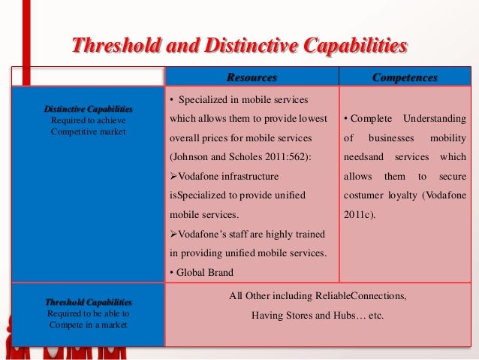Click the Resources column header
click(252, 77)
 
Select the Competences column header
click(405, 77)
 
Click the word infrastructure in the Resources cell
click(242, 176)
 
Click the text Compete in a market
click(88, 324)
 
